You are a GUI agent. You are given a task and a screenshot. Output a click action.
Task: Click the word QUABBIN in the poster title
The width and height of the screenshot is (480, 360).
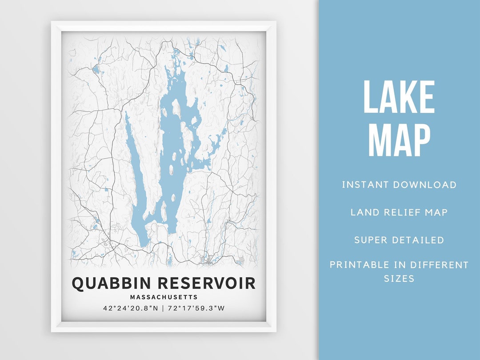107,284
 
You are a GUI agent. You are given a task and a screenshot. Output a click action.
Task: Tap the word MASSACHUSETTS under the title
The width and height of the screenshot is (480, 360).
164,297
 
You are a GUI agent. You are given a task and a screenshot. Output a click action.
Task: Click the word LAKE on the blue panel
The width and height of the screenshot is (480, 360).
399,98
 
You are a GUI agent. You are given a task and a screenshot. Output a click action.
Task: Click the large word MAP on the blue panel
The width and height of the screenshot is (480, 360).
399,140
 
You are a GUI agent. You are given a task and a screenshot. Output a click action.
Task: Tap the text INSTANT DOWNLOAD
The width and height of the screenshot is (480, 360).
399,184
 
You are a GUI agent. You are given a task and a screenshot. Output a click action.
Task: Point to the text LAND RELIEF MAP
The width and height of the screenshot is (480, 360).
399,212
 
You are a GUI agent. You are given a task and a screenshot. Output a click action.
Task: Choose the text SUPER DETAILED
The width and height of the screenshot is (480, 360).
399,240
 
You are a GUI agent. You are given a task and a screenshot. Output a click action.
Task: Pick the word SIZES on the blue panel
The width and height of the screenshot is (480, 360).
399,279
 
